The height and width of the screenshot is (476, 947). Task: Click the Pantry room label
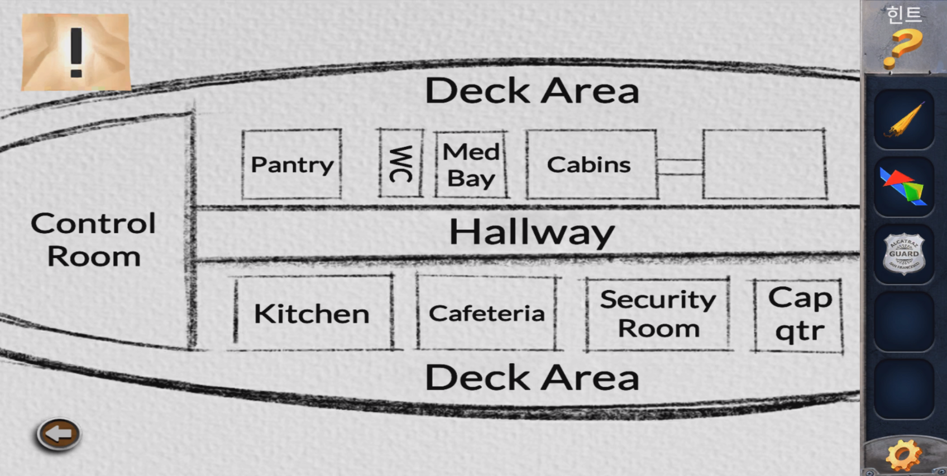tap(291, 165)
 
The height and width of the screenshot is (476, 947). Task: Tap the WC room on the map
tap(400, 164)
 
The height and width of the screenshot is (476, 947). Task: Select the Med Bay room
tap(471, 165)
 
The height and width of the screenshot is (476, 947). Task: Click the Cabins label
tap(589, 165)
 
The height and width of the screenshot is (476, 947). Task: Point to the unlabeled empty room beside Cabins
tap(764, 164)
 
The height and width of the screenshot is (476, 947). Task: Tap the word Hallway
tap(531, 232)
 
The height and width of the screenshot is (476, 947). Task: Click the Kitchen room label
tap(312, 314)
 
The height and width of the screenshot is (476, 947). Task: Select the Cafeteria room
tap(486, 314)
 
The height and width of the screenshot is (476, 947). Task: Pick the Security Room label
tap(658, 314)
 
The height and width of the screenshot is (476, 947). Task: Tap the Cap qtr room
tap(799, 314)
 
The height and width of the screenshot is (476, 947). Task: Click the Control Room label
tap(93, 239)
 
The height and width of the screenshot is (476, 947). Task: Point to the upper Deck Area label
tap(532, 90)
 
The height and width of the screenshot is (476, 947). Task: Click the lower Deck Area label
tap(532, 378)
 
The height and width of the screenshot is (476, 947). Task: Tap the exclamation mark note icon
tap(76, 52)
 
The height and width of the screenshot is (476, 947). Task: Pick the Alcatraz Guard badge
tap(903, 254)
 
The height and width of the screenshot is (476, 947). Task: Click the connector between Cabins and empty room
tap(680, 167)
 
